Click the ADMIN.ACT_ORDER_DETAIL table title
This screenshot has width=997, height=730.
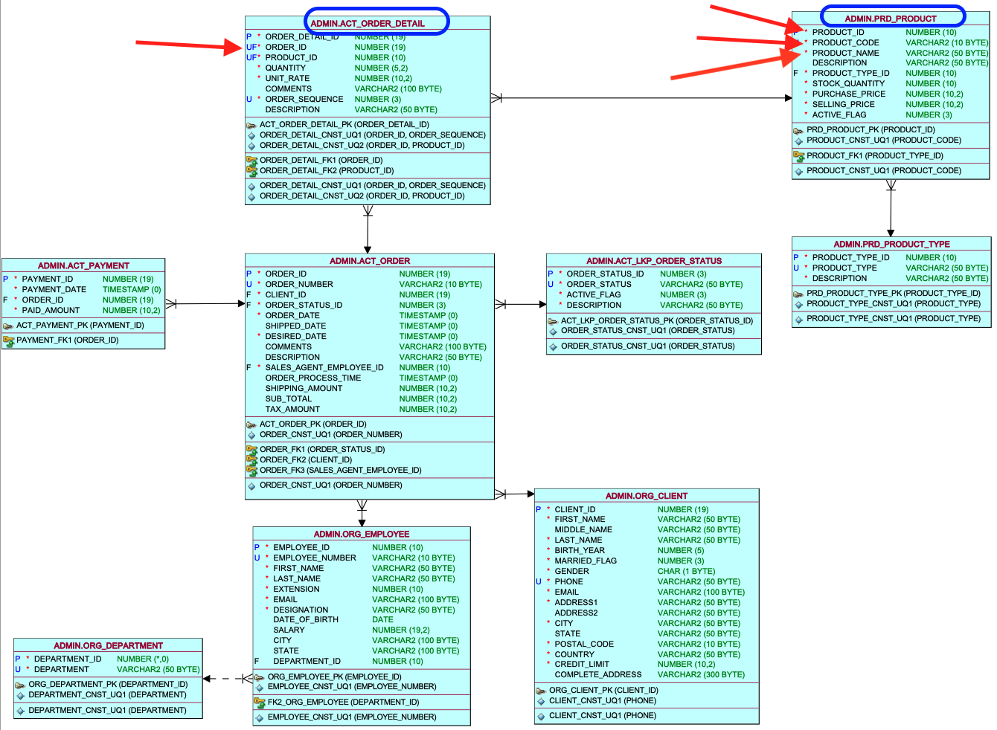pos(368,24)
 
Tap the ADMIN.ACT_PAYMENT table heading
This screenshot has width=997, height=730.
pos(83,265)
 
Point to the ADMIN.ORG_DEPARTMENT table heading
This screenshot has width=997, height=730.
pos(108,645)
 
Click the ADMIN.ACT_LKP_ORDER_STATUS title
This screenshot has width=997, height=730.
pos(654,261)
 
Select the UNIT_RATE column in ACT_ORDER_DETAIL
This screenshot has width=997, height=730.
pos(287,78)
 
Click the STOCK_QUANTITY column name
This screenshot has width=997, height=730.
pos(848,83)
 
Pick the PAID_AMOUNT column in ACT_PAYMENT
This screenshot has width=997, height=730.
pos(51,310)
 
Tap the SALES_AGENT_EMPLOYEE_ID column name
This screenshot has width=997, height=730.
pos(324,368)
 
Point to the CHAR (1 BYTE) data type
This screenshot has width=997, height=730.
pos(686,571)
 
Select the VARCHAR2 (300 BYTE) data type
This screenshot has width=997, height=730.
pos(701,675)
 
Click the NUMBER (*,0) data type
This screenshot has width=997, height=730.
pos(142,659)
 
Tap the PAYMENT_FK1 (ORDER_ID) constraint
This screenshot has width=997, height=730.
pos(67,340)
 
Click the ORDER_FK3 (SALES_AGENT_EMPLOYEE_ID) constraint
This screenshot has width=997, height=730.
pos(341,471)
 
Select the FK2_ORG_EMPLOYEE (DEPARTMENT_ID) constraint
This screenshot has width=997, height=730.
pos(343,702)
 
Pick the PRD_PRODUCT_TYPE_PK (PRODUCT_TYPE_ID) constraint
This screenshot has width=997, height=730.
pos(894,294)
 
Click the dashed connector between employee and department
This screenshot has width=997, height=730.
pos(228,679)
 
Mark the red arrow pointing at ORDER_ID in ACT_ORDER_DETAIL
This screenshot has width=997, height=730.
pos(189,45)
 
